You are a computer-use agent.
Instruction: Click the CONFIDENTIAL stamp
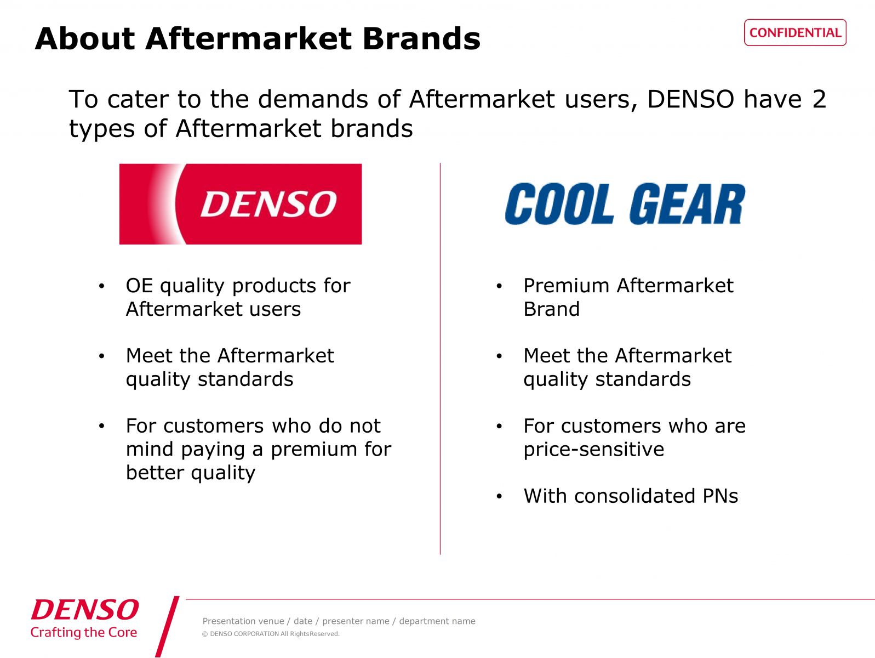[x=795, y=33]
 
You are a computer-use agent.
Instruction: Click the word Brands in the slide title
[x=421, y=39]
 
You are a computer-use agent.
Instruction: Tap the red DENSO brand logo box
[x=241, y=204]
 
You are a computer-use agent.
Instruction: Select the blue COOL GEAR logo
[x=625, y=204]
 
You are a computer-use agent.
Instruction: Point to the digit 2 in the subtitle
[x=819, y=99]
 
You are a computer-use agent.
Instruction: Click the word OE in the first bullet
[x=139, y=286]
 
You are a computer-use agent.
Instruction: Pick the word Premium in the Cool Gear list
[x=567, y=286]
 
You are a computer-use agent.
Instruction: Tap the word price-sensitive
[x=593, y=450]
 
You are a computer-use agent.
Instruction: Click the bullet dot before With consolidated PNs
[x=499, y=496]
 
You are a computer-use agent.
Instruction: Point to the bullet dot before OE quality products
[x=102, y=286]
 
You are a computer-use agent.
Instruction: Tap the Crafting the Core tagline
[x=84, y=632]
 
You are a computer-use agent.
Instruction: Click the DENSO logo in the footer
[x=84, y=610]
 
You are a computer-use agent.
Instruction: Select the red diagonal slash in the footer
[x=167, y=627]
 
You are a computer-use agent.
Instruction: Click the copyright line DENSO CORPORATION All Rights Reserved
[x=271, y=634]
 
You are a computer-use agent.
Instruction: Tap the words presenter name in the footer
[x=356, y=621]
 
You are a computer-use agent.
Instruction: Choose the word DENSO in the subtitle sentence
[x=690, y=99]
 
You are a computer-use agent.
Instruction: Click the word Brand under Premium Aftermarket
[x=552, y=309]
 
